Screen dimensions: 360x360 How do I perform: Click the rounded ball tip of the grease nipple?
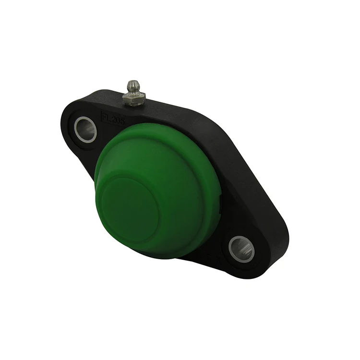coord(133,85)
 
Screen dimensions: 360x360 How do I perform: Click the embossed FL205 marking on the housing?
coord(112,119)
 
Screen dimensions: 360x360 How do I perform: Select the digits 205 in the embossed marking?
coord(117,120)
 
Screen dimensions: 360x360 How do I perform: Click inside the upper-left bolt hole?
coord(86,129)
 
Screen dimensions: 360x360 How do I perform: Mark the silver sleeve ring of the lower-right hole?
coord(233,248)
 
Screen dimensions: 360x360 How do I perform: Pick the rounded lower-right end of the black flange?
coord(269,269)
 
